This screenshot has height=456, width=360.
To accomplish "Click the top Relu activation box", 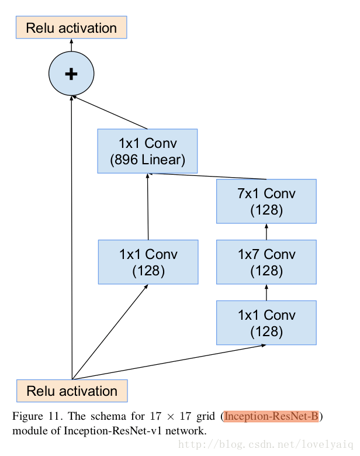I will coord(71,27).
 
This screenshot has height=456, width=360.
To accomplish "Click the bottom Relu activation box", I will coord(72,391).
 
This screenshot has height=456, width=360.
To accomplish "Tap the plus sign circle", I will coord(71,74).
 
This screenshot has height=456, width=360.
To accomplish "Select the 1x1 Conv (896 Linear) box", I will coord(147,151).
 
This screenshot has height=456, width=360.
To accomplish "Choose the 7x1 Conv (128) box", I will coord(266,201).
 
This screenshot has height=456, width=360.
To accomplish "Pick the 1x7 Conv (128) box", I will coord(266,262).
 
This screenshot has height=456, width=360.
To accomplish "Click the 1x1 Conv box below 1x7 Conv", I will coord(266,323).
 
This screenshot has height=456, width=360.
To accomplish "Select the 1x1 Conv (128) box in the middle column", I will coord(148,262).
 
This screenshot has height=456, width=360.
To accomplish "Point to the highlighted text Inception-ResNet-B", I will coord(271,416).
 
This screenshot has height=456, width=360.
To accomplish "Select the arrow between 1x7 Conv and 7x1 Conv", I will coord(266,232).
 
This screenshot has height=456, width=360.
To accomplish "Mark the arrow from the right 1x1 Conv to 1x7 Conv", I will coord(266,292).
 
